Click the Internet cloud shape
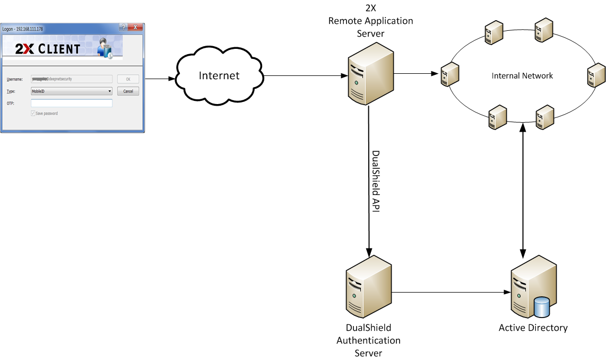click(219, 75)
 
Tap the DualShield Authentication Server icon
click(368, 287)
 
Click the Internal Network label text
click(522, 76)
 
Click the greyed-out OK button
click(128, 79)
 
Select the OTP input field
click(72, 103)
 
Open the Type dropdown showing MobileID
click(72, 91)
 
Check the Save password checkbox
click(33, 113)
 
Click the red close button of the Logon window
click(135, 27)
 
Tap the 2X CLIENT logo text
click(48, 49)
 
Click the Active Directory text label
click(533, 328)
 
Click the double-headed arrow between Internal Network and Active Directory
click(524, 186)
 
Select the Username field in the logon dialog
click(72, 79)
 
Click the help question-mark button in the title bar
click(123, 27)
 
